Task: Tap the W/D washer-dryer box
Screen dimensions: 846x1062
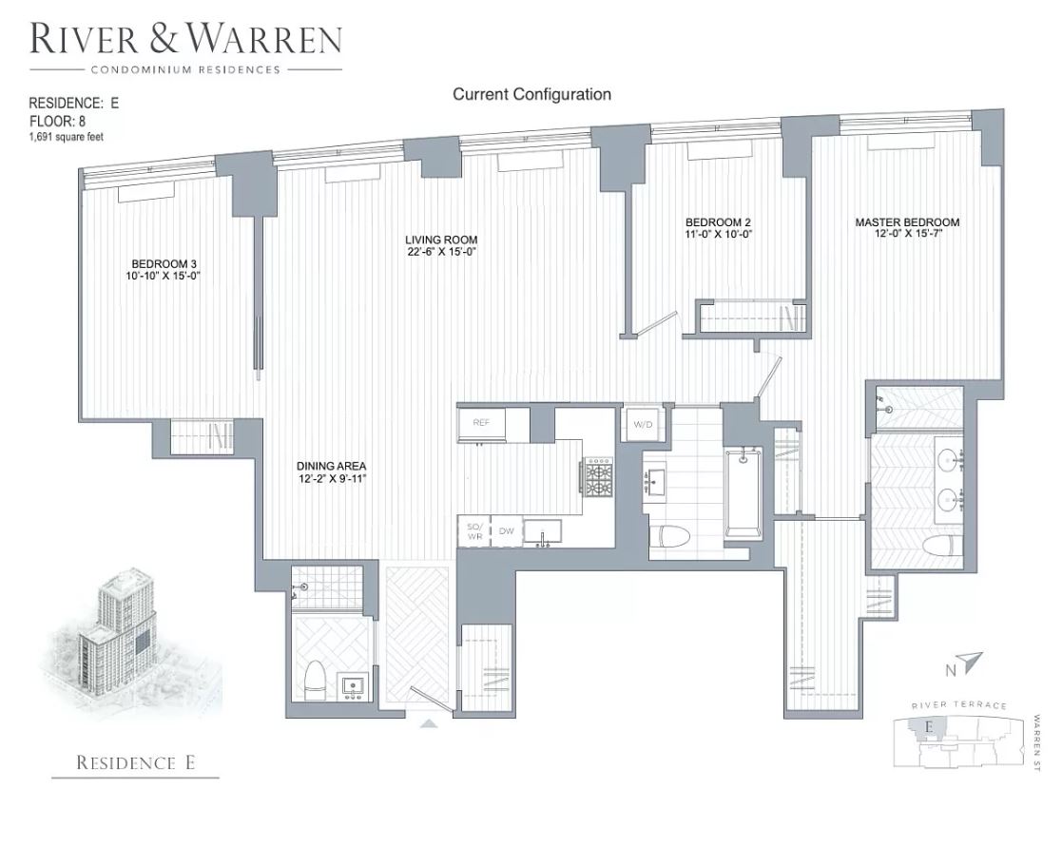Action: click(x=636, y=423)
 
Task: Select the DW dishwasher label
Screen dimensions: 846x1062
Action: click(x=506, y=531)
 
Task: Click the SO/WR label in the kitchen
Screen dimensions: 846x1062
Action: click(x=473, y=532)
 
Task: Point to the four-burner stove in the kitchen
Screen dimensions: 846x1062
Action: click(x=599, y=478)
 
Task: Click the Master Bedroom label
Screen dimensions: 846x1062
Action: click(x=907, y=222)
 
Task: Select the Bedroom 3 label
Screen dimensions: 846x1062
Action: click(x=164, y=265)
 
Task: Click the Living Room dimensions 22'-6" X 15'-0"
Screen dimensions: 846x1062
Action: click(x=441, y=252)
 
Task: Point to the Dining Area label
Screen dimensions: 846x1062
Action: click(x=331, y=467)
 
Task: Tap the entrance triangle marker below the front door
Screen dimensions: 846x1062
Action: click(x=429, y=723)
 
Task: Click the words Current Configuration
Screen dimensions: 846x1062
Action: click(x=531, y=94)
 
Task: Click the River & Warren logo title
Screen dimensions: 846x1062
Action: click(x=185, y=41)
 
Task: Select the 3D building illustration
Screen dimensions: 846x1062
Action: click(x=128, y=634)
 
